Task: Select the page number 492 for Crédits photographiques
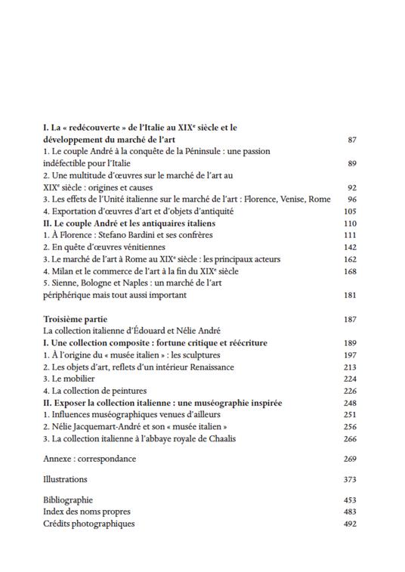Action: [349, 524]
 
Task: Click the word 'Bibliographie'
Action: [68, 499]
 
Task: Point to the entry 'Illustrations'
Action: [65, 479]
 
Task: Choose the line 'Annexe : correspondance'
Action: [90, 458]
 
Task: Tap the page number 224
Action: [349, 379]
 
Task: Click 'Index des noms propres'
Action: [85, 512]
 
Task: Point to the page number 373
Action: [349, 479]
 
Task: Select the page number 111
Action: [349, 235]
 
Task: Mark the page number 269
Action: [349, 458]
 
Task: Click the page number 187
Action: [349, 319]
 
